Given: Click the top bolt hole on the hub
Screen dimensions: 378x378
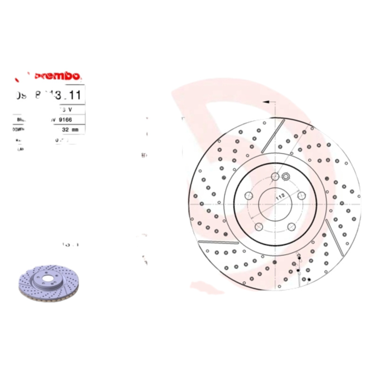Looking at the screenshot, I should [x=275, y=177].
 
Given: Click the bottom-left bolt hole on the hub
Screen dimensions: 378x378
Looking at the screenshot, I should [x=259, y=227].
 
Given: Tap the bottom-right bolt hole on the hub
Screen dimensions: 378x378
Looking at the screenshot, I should [x=292, y=227].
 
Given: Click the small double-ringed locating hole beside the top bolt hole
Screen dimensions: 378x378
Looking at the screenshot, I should [x=285, y=177].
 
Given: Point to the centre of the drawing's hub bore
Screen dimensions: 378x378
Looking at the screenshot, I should [x=275, y=202].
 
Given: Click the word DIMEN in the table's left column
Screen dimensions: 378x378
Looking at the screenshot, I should [x=18, y=129].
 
